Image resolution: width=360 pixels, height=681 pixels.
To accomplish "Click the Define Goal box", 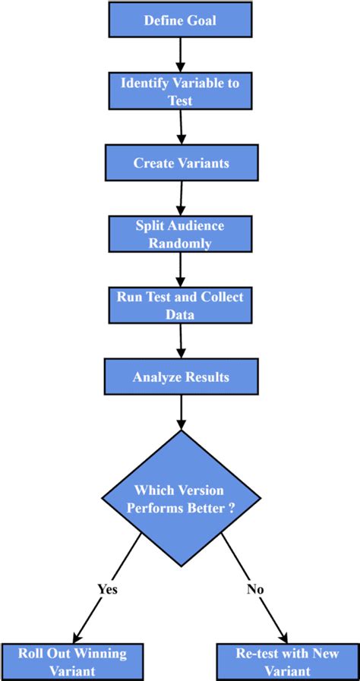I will (x=180, y=20).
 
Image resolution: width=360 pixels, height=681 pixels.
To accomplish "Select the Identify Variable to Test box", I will (x=180, y=91).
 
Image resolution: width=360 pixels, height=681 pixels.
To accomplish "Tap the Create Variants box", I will (x=180, y=162).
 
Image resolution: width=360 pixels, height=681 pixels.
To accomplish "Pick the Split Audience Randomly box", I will (x=180, y=234).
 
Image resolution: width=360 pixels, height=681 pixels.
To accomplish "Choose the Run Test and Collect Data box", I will (x=180, y=304).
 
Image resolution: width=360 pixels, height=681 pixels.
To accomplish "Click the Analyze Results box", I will (x=180, y=376).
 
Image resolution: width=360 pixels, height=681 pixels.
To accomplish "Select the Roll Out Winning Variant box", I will (x=74, y=661).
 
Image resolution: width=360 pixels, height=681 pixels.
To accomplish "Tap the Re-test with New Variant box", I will (x=286, y=661).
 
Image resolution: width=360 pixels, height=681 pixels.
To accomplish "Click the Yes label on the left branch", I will (x=107, y=588).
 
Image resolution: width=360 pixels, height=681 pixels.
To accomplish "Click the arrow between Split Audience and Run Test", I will (x=181, y=269).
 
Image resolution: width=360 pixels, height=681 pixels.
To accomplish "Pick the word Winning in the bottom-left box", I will (x=93, y=653).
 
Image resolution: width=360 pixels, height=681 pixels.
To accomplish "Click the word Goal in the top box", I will (x=201, y=20).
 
